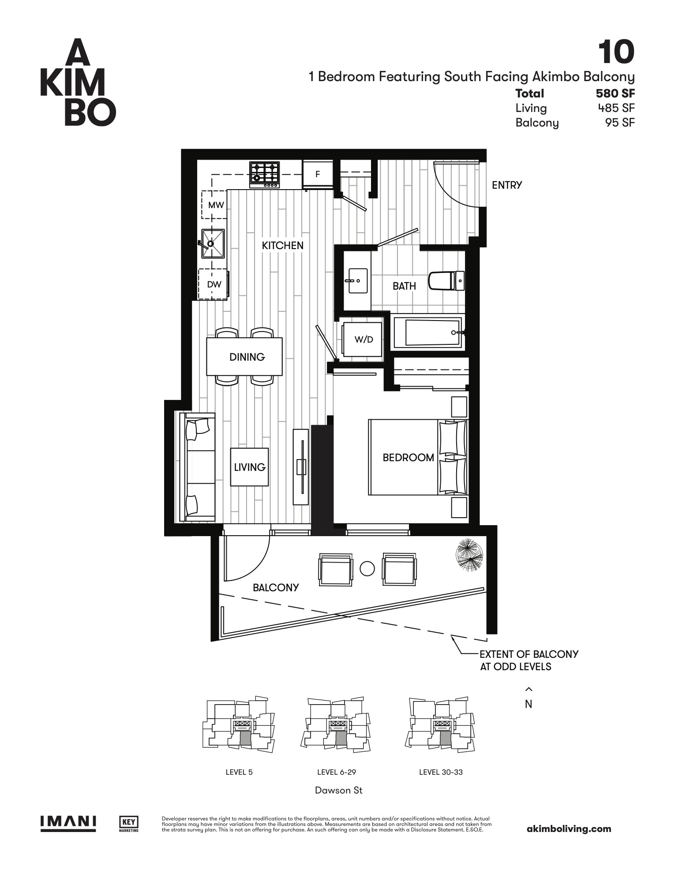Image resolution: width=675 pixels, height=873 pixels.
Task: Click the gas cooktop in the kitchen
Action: (x=265, y=175)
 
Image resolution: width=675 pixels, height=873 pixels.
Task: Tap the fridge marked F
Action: (x=317, y=175)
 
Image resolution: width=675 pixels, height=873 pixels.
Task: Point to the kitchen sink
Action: (x=213, y=243)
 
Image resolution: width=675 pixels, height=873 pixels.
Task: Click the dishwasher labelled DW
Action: (x=214, y=284)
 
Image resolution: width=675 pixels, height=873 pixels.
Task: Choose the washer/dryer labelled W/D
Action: (x=363, y=339)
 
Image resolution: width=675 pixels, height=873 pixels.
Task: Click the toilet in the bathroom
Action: (x=446, y=281)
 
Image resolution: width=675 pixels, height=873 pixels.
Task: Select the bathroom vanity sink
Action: (x=357, y=280)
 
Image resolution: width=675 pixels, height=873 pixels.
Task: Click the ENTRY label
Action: (x=507, y=185)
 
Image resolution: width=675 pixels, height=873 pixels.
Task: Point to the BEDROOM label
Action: (x=408, y=458)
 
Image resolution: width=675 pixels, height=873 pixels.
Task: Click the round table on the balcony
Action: (x=367, y=568)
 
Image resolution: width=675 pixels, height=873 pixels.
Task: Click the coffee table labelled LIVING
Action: (x=249, y=467)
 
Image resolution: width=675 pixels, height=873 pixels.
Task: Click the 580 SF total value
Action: (x=615, y=93)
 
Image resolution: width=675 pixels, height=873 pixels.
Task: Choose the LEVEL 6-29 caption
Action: (x=337, y=772)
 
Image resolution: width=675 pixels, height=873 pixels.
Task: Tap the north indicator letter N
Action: (x=529, y=704)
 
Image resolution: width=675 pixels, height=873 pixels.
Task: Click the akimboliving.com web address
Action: (x=569, y=829)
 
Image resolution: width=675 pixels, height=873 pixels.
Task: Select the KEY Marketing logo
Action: (x=129, y=824)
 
